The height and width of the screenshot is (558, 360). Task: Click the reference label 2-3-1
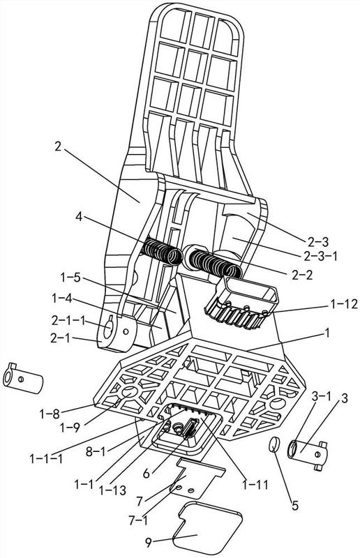320,256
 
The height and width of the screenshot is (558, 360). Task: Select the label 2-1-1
68,321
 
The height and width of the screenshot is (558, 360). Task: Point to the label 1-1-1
46,458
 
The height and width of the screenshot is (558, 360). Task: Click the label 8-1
97,452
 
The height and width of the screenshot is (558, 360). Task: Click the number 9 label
149,543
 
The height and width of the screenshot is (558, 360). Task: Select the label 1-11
255,484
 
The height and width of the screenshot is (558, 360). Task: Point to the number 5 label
295,505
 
